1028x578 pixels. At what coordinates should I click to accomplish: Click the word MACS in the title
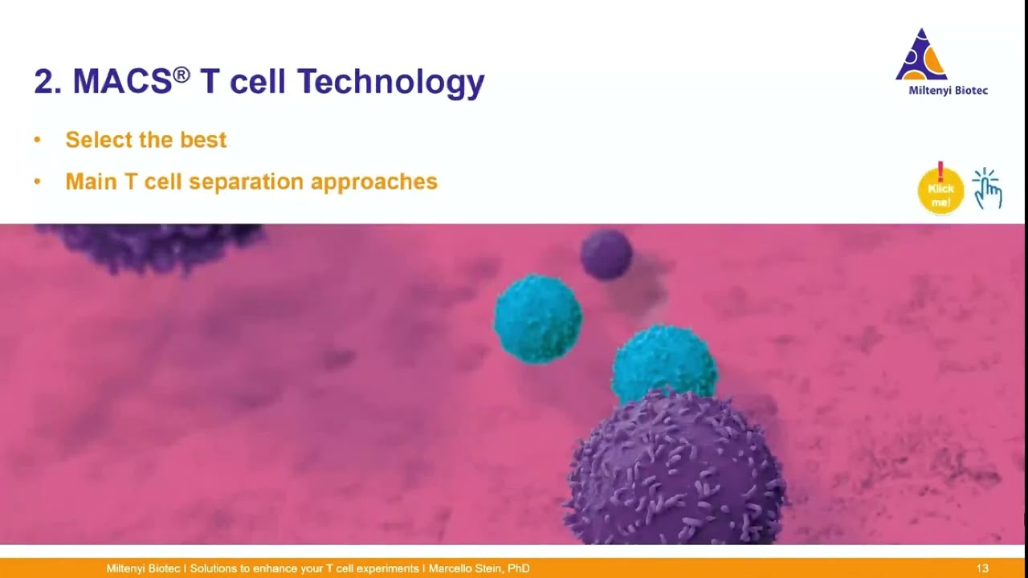tap(122, 82)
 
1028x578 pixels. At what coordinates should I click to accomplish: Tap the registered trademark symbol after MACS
tap(182, 74)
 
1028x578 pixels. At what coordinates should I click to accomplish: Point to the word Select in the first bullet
tap(97, 140)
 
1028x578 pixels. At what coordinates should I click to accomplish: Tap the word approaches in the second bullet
tap(374, 182)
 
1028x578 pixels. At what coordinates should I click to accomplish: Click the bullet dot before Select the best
tap(37, 140)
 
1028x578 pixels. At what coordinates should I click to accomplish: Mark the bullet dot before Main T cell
tap(37, 182)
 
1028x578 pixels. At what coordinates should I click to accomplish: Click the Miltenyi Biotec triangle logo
tap(921, 56)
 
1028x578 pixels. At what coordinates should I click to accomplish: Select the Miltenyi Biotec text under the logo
tap(948, 91)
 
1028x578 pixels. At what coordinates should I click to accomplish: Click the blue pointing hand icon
tap(988, 189)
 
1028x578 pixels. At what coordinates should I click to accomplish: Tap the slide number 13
tap(982, 568)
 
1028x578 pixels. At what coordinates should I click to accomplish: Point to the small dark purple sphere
tap(606, 254)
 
